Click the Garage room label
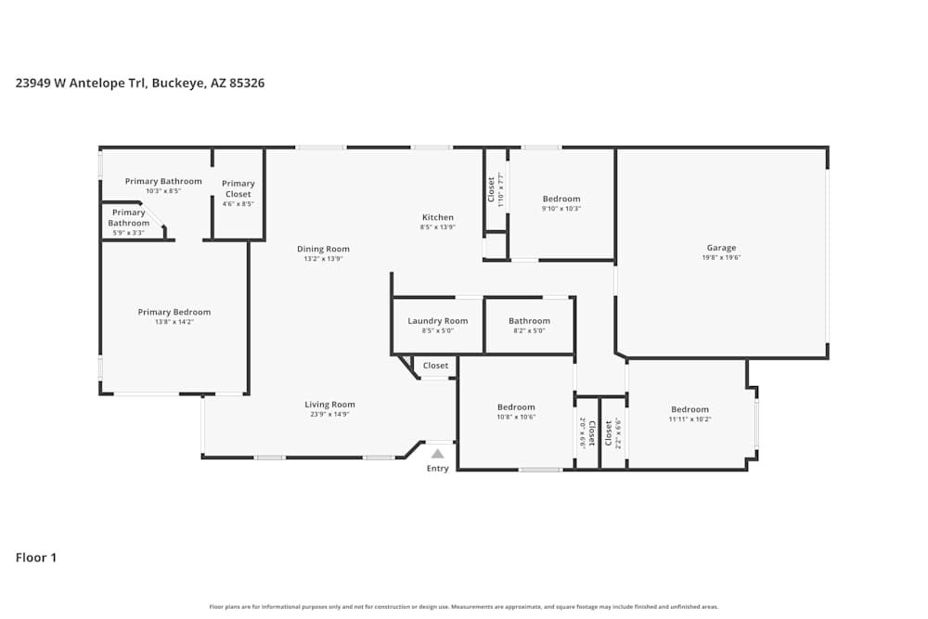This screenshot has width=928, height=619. point(721,248)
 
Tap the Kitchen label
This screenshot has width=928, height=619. point(437,217)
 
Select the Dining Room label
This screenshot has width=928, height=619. point(323,249)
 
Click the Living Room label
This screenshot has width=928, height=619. point(329,405)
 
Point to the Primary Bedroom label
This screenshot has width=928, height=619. point(174,312)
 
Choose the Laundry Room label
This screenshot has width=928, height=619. point(437,321)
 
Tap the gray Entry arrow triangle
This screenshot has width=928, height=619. point(437,454)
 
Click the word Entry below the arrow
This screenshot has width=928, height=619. point(437,469)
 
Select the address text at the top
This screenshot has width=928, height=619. point(140,83)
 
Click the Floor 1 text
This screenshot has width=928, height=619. point(36,558)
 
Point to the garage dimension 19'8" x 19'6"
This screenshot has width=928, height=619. point(721,258)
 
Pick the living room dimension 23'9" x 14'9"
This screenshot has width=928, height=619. point(329,415)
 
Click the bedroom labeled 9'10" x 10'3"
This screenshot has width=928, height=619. point(561,199)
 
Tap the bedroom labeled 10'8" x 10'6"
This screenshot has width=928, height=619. point(516,407)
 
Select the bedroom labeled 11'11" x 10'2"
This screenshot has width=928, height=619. point(690,409)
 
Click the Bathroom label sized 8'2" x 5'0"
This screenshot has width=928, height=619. point(529,321)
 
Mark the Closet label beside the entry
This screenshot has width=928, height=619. point(435,366)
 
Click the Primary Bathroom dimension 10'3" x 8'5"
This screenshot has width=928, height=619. point(162,191)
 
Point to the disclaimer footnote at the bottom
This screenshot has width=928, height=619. point(463,606)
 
